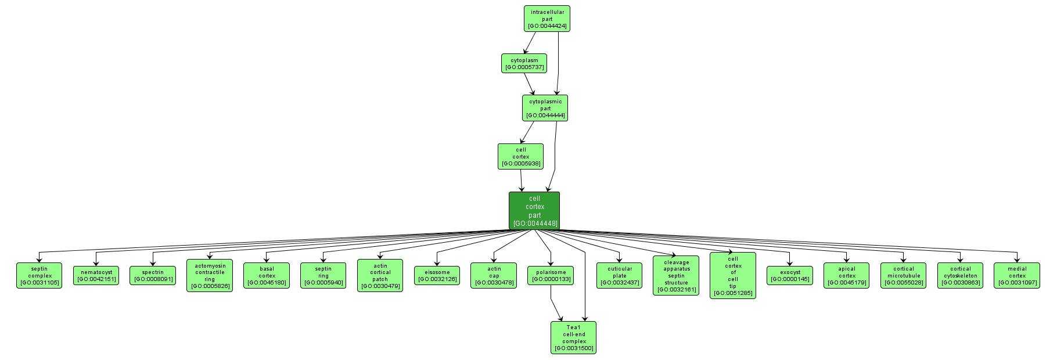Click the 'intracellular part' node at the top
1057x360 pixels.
pos(547,19)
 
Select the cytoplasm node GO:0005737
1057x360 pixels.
pos(524,63)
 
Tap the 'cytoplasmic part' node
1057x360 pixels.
pos(545,109)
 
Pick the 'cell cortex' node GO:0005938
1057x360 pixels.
pos(520,157)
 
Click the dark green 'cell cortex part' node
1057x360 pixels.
pos(534,211)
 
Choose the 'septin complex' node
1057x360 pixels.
pos(39,276)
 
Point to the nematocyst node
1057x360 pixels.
pos(96,276)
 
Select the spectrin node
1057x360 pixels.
pos(153,276)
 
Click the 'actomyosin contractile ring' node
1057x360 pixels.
pos(209,276)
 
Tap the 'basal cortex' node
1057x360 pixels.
pos(266,276)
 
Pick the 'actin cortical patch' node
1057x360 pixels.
pos(380,276)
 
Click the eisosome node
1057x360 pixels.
pos(437,276)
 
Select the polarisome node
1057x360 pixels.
pos(551,276)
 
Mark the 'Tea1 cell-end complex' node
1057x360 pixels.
pos(573,338)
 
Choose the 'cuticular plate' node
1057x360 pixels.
pos(619,276)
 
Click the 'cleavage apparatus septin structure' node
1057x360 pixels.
pos(676,276)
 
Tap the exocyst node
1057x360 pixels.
pos(790,276)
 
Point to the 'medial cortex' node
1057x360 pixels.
pos(1016,276)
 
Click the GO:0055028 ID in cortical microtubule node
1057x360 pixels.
pos(903,283)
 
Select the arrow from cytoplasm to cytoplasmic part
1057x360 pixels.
pos(530,84)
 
